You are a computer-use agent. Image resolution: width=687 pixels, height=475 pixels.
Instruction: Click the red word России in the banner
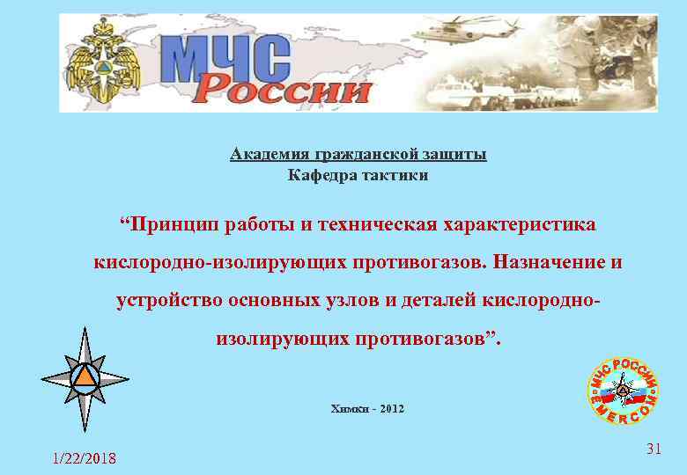point(282,89)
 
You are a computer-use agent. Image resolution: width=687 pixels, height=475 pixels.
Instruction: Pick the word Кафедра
point(321,175)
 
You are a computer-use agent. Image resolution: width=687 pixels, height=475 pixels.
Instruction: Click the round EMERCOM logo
point(623,390)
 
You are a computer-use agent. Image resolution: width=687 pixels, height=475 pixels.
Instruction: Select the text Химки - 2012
point(367,409)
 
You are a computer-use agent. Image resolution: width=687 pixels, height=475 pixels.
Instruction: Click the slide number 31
point(653,449)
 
